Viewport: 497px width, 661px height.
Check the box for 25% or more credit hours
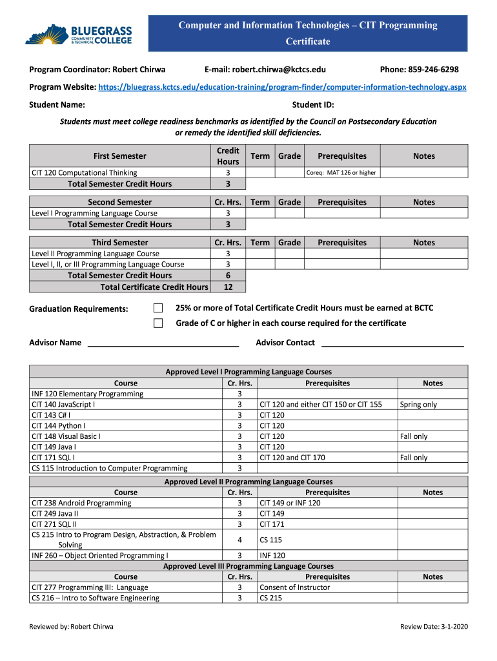pyautogui.click(x=158, y=308)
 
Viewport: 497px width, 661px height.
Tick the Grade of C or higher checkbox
pyautogui.click(x=158, y=323)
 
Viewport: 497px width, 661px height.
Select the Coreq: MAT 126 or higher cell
pyautogui.click(x=341, y=172)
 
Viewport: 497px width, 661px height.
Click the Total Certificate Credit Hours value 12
pyautogui.click(x=228, y=287)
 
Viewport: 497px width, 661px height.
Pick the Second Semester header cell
pyautogui.click(x=120, y=202)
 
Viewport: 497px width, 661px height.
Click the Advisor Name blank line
pyautogui.click(x=163, y=343)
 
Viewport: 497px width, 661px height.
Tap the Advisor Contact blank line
pyautogui.click(x=392, y=343)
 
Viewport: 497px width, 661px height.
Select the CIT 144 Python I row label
pyautogui.click(x=59, y=425)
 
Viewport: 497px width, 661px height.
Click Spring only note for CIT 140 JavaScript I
pyautogui.click(x=418, y=405)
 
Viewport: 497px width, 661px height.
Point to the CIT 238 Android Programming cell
pyautogui.click(x=81, y=503)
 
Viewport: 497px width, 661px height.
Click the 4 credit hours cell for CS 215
pyautogui.click(x=239, y=540)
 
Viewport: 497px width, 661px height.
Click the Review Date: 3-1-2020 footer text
pyautogui.click(x=432, y=627)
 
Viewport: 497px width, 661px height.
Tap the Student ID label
pyautogui.click(x=313, y=105)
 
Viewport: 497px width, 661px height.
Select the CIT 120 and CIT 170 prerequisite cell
pyautogui.click(x=292, y=458)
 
